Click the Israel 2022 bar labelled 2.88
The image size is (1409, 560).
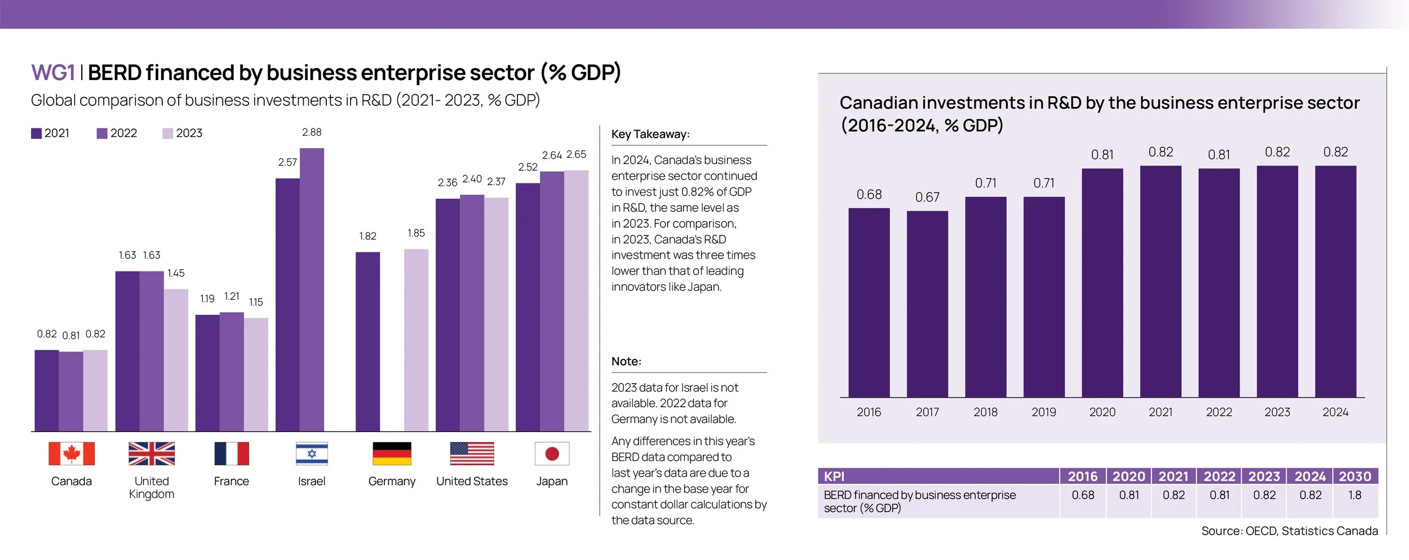coord(312,290)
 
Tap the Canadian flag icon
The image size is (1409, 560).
coord(72,454)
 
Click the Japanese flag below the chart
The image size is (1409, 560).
coord(552,454)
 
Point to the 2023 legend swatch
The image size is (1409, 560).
coord(167,134)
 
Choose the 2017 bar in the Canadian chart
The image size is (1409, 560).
coord(927,304)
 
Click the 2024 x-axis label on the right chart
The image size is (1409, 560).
coord(1335,412)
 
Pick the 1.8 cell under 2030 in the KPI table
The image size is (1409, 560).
coord(1355,495)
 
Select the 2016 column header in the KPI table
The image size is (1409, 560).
coord(1083,477)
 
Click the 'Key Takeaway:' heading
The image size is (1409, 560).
coord(650,134)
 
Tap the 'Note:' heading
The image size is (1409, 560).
coord(626,362)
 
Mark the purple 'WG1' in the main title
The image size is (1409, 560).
coord(53,73)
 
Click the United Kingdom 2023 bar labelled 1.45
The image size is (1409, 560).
coord(176,360)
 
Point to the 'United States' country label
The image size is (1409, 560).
coord(472,482)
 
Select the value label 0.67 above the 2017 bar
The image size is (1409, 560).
coord(927,197)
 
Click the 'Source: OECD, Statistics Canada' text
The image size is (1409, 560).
coord(1290,531)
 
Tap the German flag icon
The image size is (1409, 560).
coord(392,454)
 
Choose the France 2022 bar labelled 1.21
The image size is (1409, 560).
coord(232,372)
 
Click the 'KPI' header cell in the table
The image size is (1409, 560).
coord(834,477)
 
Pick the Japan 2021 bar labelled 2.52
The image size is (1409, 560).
coord(528,307)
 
